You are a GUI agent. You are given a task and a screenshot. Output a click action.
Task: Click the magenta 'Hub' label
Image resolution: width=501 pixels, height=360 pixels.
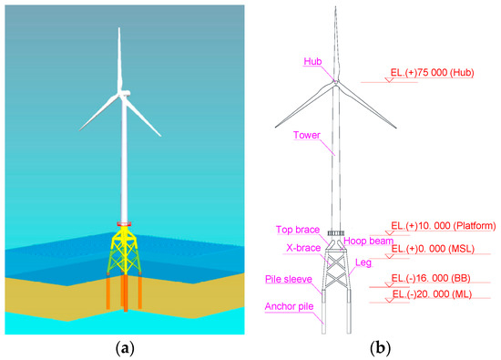tap(312, 61)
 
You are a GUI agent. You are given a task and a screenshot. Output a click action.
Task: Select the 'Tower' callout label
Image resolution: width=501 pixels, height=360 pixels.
tap(307, 135)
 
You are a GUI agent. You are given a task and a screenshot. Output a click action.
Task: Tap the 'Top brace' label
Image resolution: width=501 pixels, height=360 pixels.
tap(298, 230)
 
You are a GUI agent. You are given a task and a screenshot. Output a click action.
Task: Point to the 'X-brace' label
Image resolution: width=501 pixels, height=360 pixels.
tap(303, 248)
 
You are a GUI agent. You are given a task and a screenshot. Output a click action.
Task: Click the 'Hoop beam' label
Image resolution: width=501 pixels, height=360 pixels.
tap(368, 241)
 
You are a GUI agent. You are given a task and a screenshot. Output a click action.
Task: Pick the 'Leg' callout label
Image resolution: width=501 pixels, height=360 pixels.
tap(363, 262)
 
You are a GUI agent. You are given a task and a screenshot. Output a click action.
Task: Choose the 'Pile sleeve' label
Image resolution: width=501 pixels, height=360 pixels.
tap(289, 279)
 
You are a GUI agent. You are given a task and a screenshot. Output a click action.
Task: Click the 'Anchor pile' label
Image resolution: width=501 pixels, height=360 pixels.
tap(289, 306)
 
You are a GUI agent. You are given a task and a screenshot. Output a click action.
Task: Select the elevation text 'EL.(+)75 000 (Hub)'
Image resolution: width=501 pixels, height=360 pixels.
tap(432, 73)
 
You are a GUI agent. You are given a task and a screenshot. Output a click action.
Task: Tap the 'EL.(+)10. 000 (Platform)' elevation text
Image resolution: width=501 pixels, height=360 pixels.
tap(444, 226)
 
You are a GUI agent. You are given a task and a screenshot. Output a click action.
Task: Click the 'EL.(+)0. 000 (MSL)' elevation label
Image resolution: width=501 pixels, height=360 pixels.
tap(433, 249)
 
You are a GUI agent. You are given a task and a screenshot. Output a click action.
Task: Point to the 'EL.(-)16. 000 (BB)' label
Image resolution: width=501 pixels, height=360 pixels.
tap(431, 278)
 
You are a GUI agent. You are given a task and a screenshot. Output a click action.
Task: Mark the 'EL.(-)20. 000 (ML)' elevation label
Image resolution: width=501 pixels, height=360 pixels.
tap(432, 294)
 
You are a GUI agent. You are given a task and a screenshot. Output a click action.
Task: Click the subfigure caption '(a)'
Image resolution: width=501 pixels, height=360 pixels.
tap(124, 348)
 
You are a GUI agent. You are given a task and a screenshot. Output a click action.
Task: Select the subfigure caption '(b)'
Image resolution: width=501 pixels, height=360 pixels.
tap(380, 348)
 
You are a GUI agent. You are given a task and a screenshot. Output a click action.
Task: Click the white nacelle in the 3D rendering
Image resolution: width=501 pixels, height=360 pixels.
tap(125, 93)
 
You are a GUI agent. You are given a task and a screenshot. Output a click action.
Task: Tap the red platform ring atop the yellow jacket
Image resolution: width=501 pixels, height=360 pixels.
tap(124, 224)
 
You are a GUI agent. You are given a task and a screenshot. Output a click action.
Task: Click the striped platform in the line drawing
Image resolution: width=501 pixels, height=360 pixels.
tap(336, 233)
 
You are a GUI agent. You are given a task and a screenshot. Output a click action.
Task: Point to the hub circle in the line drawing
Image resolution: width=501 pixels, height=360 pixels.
tap(336, 81)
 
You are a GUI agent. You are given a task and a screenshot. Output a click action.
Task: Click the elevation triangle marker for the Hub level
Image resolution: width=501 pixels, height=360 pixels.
tap(389, 79)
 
